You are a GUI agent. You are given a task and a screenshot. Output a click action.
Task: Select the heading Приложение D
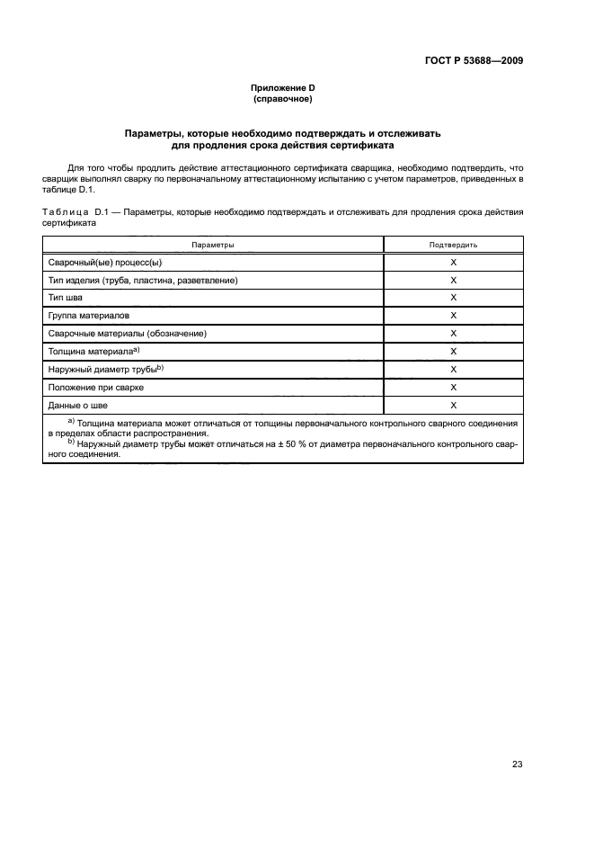(282, 88)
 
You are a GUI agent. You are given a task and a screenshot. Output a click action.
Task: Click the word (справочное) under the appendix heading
(282, 99)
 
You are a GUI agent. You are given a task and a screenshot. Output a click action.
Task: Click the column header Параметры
(213, 245)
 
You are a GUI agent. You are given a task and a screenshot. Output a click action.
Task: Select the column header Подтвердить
(453, 245)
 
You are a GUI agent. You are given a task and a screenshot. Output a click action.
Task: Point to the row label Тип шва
(66, 298)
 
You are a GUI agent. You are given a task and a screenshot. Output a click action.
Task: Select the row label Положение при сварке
(96, 388)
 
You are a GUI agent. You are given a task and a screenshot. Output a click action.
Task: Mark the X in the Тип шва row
(453, 298)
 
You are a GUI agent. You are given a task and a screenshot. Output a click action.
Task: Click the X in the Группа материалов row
(453, 316)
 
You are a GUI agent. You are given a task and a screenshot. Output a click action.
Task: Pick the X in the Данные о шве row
(453, 406)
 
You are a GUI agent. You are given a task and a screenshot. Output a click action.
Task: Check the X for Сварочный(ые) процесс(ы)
(453, 262)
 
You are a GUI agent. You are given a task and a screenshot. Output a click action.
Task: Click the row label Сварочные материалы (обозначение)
(128, 334)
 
